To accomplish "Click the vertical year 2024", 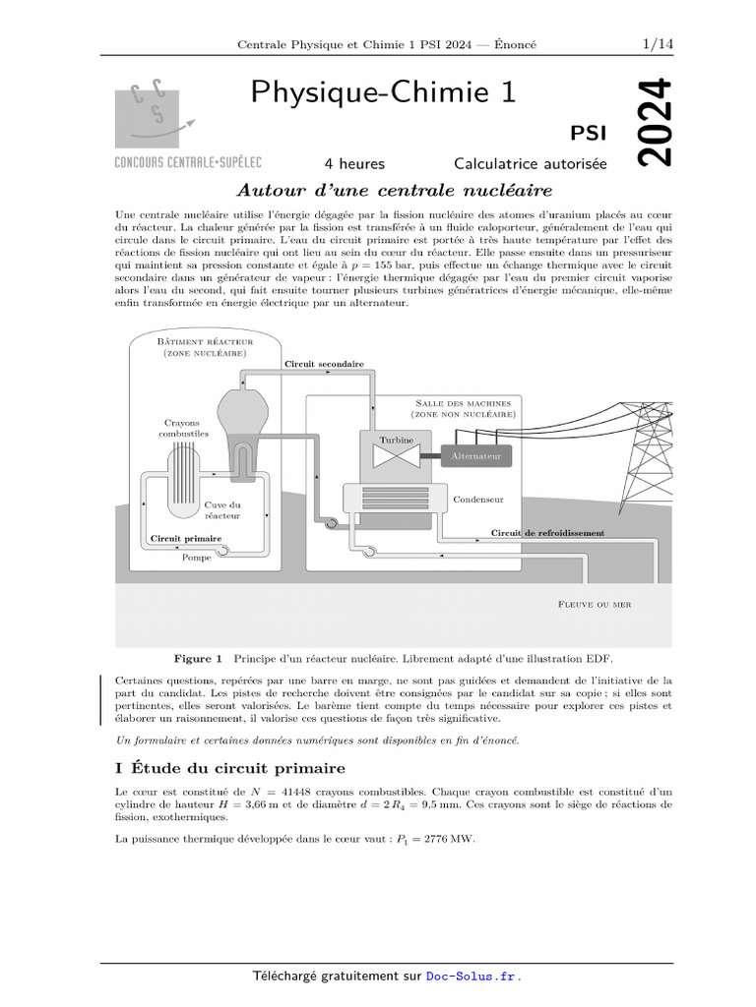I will pyautogui.click(x=653, y=122).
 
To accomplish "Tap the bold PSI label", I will pyautogui.click(x=589, y=133).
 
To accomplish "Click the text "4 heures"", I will pyautogui.click(x=354, y=164).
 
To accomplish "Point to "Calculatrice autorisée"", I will pyautogui.click(x=530, y=164).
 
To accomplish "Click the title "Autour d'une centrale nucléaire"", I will pyautogui.click(x=394, y=190).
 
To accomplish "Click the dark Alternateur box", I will pyautogui.click(x=476, y=456).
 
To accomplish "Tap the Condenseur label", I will pyautogui.click(x=477, y=500).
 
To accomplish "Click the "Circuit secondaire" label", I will pyautogui.click(x=324, y=364).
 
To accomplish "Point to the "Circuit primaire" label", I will pyautogui.click(x=185, y=539).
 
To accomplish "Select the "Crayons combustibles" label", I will pyautogui.click(x=183, y=428).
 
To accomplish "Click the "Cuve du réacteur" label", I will pyautogui.click(x=222, y=510).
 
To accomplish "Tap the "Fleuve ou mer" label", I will pyautogui.click(x=594, y=604).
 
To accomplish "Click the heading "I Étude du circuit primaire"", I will pyautogui.click(x=230, y=768).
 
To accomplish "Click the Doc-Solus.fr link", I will pyautogui.click(x=471, y=977).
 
